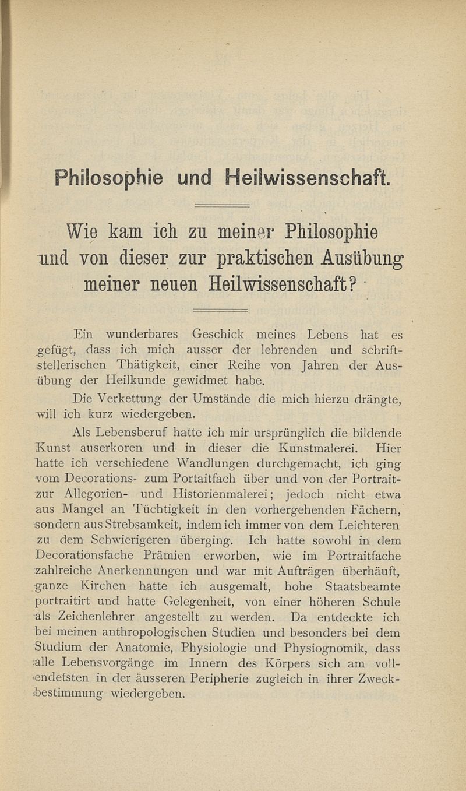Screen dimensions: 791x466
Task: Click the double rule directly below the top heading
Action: (221, 205)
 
